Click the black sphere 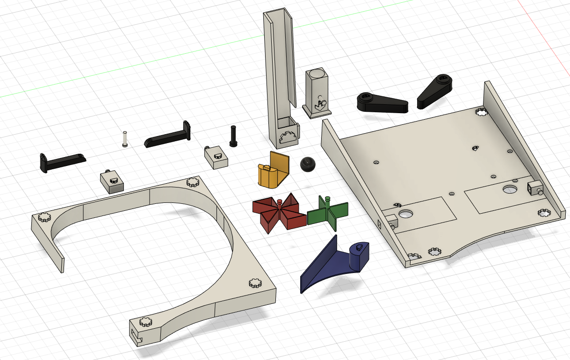(307, 165)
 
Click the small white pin (125, 139)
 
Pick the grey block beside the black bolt (216, 156)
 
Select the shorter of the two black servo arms (435, 91)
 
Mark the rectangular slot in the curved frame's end (137, 335)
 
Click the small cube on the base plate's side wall (534, 188)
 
